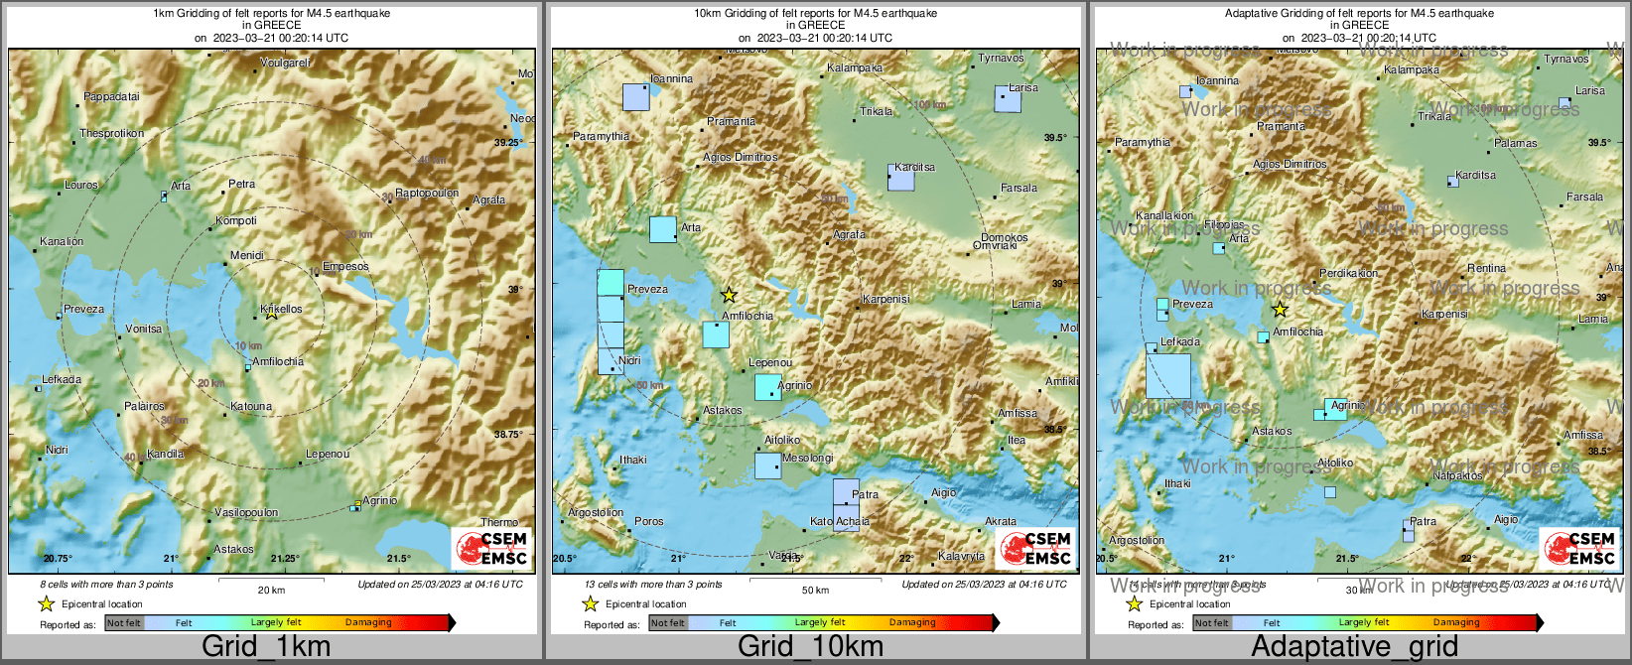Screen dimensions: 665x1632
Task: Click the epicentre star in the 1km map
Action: [x=271, y=313]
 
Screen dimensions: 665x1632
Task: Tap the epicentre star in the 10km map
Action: [x=729, y=295]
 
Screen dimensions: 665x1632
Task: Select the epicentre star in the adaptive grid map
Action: [x=1280, y=310]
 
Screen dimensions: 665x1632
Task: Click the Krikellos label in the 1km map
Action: [x=281, y=309]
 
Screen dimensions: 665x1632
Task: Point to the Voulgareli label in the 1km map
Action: [x=285, y=63]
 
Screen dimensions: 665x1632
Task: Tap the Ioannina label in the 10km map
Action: [x=671, y=78]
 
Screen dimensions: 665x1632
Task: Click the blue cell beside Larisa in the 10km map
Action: [x=1008, y=99]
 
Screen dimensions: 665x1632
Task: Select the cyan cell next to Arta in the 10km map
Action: [x=663, y=229]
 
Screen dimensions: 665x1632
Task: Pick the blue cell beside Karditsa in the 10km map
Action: [x=900, y=179]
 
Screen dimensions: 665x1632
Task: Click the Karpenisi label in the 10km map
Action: [x=885, y=299]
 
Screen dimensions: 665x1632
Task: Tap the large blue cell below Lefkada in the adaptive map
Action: [x=1168, y=376]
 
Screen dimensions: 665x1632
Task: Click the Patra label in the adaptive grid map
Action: [x=1423, y=521]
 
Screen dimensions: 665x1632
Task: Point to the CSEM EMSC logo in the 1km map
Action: [x=493, y=549]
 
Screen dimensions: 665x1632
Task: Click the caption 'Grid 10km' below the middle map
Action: [x=810, y=647]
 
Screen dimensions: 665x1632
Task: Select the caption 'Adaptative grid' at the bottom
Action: [x=1354, y=647]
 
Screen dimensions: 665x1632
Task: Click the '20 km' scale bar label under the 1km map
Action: [x=271, y=590]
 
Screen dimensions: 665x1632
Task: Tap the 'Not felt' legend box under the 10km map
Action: [x=668, y=623]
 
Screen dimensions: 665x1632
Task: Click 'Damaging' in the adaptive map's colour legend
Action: [x=1456, y=622]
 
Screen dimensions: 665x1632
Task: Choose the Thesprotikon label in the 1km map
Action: [x=111, y=133]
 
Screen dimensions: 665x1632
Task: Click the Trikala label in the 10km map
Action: [x=877, y=111]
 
